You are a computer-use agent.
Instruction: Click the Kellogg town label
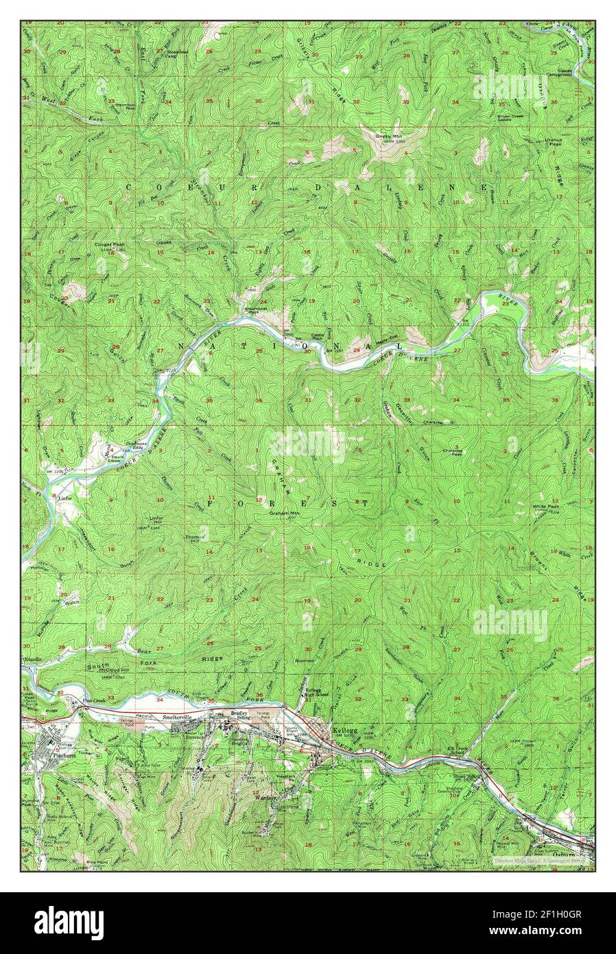click(x=342, y=731)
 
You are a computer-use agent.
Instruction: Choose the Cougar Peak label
click(x=110, y=244)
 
